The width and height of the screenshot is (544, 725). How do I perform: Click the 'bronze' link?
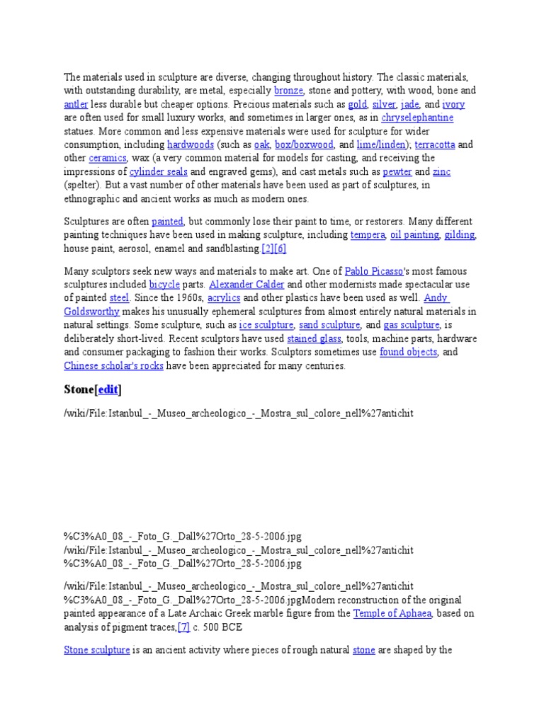[288, 91]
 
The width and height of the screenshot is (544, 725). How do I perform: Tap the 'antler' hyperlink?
[76, 104]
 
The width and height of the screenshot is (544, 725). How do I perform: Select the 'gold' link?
[357, 104]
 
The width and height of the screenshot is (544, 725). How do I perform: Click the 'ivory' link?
[453, 104]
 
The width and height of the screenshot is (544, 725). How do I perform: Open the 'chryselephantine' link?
[416, 118]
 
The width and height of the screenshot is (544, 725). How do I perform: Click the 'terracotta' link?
[434, 144]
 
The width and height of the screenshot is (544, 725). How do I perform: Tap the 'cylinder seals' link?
[158, 171]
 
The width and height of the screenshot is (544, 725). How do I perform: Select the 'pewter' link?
[397, 171]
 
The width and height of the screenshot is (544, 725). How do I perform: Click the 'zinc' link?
[441, 171]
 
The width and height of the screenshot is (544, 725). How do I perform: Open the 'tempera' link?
[368, 234]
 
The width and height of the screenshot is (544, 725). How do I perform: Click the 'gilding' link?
[460, 234]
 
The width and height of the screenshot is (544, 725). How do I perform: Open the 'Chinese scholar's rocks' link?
[113, 365]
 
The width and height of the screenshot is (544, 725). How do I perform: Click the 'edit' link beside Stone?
[108, 389]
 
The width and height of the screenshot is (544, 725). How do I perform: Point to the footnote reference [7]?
[183, 627]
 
